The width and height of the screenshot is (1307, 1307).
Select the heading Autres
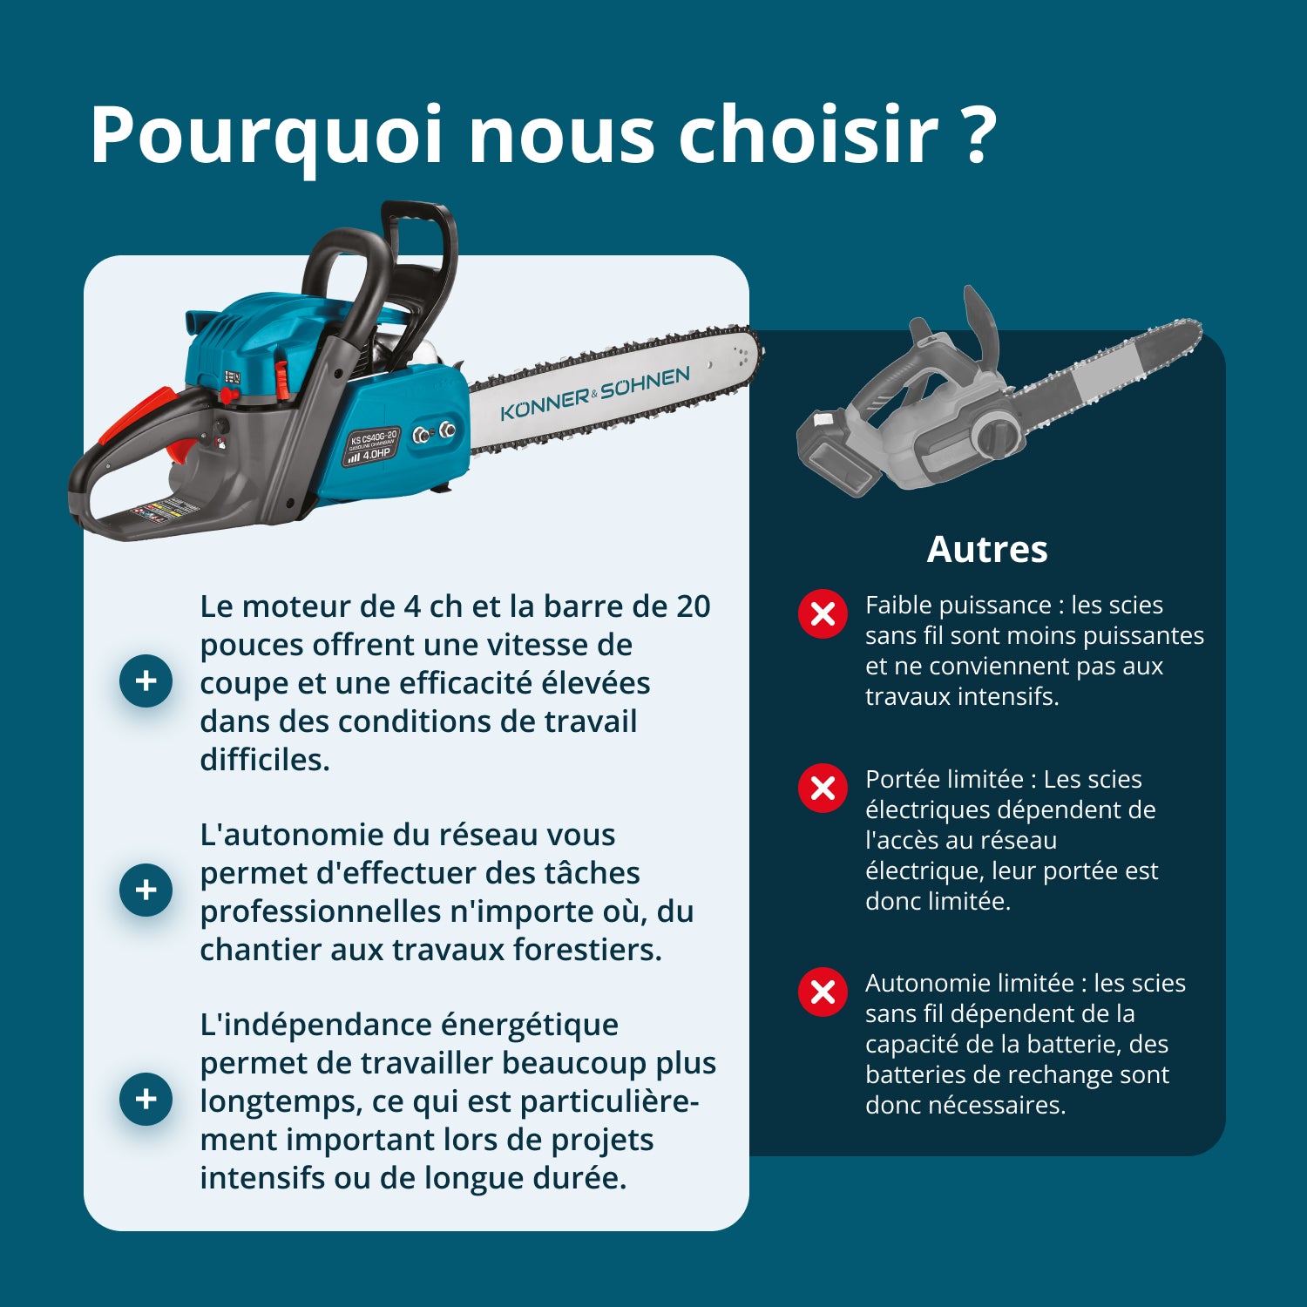point(987,550)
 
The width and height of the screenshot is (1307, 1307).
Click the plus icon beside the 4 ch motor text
point(146,681)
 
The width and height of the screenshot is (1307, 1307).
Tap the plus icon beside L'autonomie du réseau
point(146,890)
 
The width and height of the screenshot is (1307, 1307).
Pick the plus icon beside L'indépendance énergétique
point(146,1099)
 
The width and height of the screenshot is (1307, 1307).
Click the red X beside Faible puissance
point(823,614)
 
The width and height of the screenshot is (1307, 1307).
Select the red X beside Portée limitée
point(823,789)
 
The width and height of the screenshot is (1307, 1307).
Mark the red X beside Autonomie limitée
point(823,992)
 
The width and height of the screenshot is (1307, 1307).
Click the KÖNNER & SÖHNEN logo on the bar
point(595,394)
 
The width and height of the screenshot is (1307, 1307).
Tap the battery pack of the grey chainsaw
point(836,453)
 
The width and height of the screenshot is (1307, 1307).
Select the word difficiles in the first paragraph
point(264,760)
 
